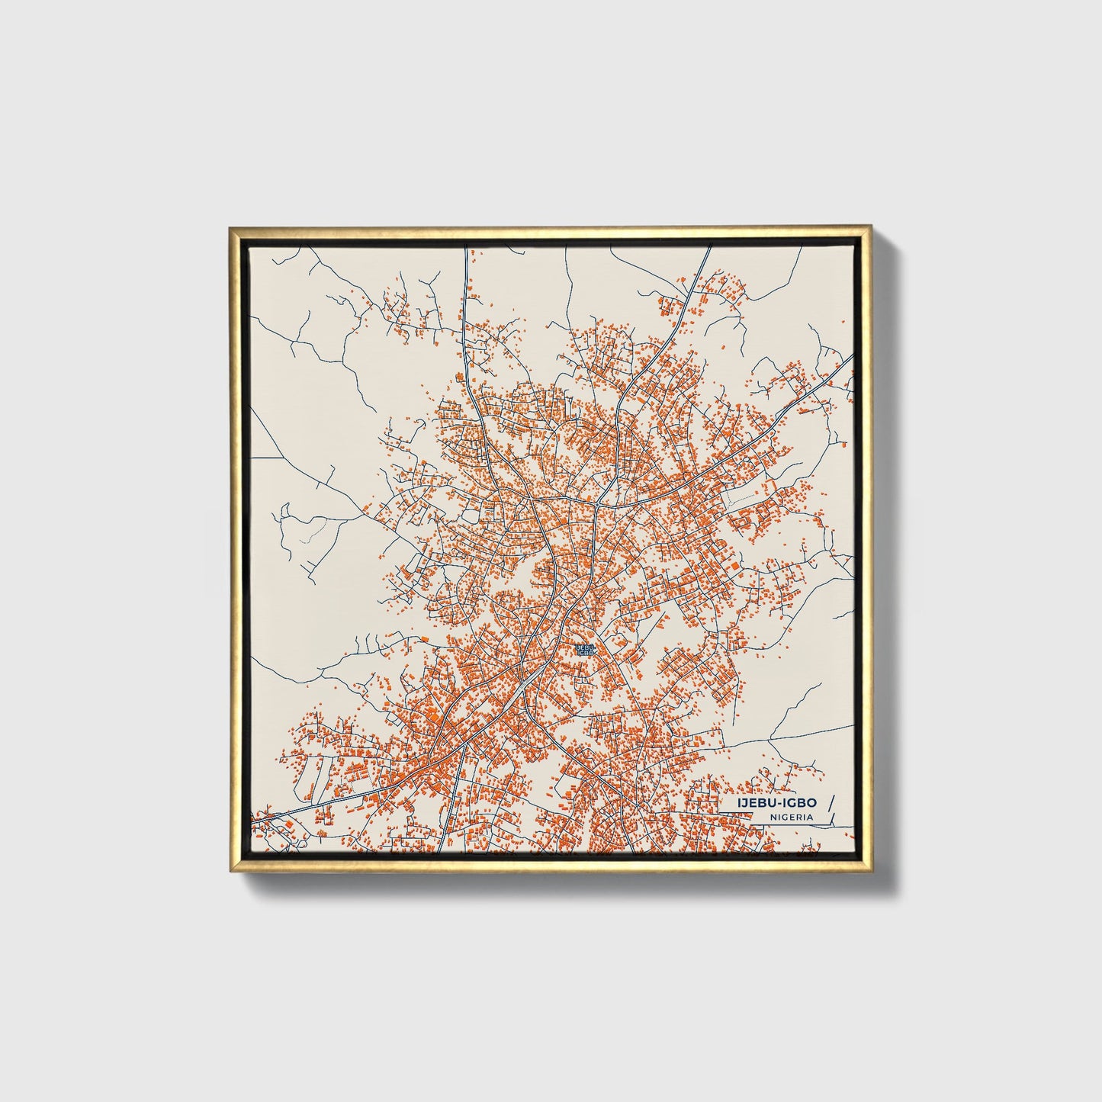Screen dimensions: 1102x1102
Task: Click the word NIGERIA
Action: click(791, 817)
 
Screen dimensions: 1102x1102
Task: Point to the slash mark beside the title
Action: click(831, 809)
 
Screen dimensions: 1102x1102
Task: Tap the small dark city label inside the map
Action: click(585, 650)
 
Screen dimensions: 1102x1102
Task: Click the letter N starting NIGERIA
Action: click(773, 817)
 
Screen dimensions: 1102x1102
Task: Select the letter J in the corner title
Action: click(743, 803)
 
